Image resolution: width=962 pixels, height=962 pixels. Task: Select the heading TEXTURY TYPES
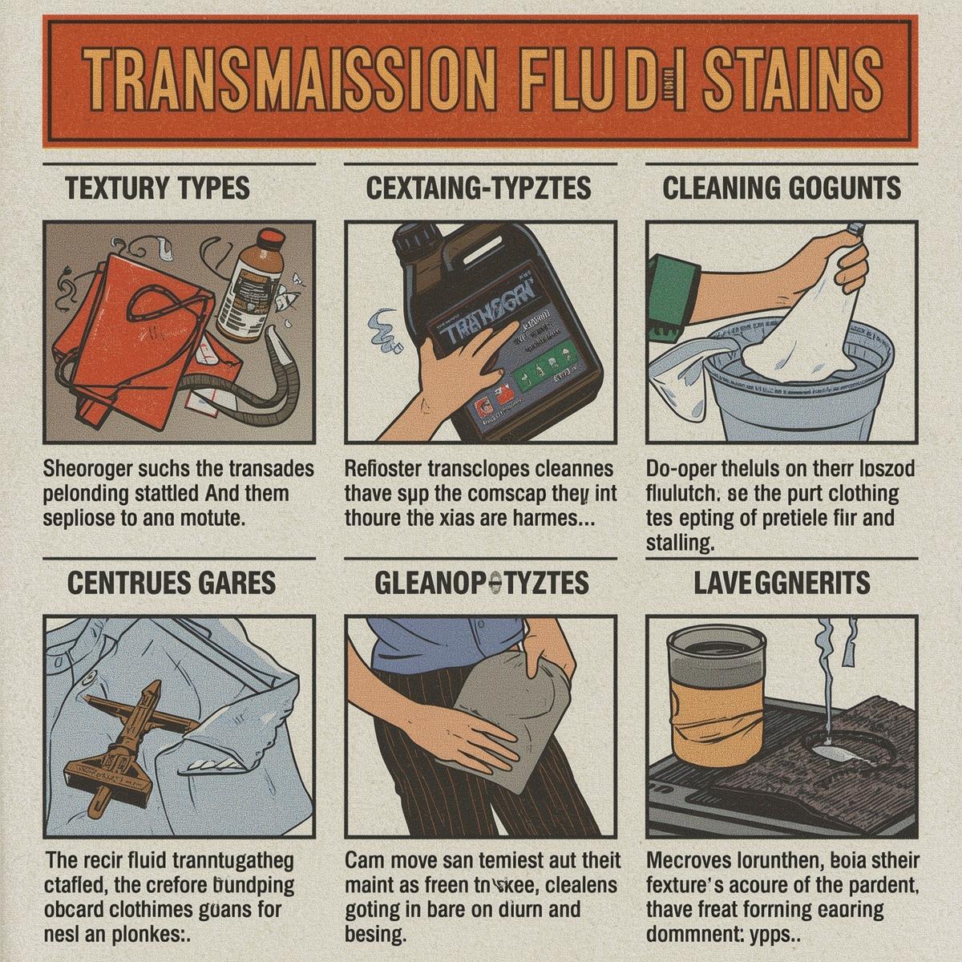click(157, 188)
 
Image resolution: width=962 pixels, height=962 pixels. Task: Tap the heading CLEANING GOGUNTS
click(781, 188)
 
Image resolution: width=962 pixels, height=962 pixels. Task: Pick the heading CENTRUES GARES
click(171, 583)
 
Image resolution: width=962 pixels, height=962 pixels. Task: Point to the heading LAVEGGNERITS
click(782, 583)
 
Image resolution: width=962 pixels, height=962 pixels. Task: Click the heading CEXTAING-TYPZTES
click(479, 188)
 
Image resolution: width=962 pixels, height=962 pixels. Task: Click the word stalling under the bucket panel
click(679, 544)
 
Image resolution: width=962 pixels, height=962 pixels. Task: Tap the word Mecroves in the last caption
click(689, 861)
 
